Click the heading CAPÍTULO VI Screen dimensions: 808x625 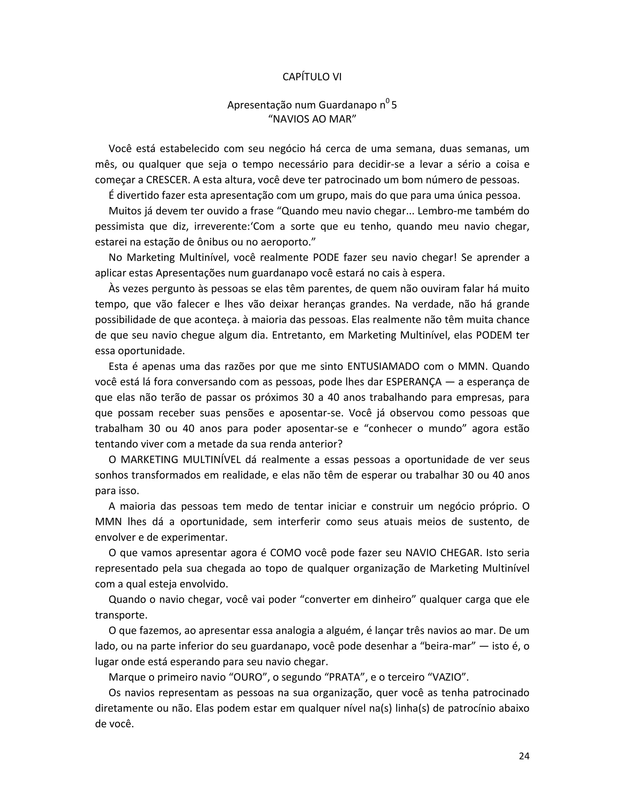click(312, 77)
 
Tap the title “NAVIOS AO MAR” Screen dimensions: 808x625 click(312, 120)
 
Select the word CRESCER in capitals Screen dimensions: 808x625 click(164, 180)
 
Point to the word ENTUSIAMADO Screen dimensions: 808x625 click(383, 366)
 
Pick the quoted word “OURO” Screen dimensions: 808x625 click(249, 678)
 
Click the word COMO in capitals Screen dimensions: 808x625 click(286, 553)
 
